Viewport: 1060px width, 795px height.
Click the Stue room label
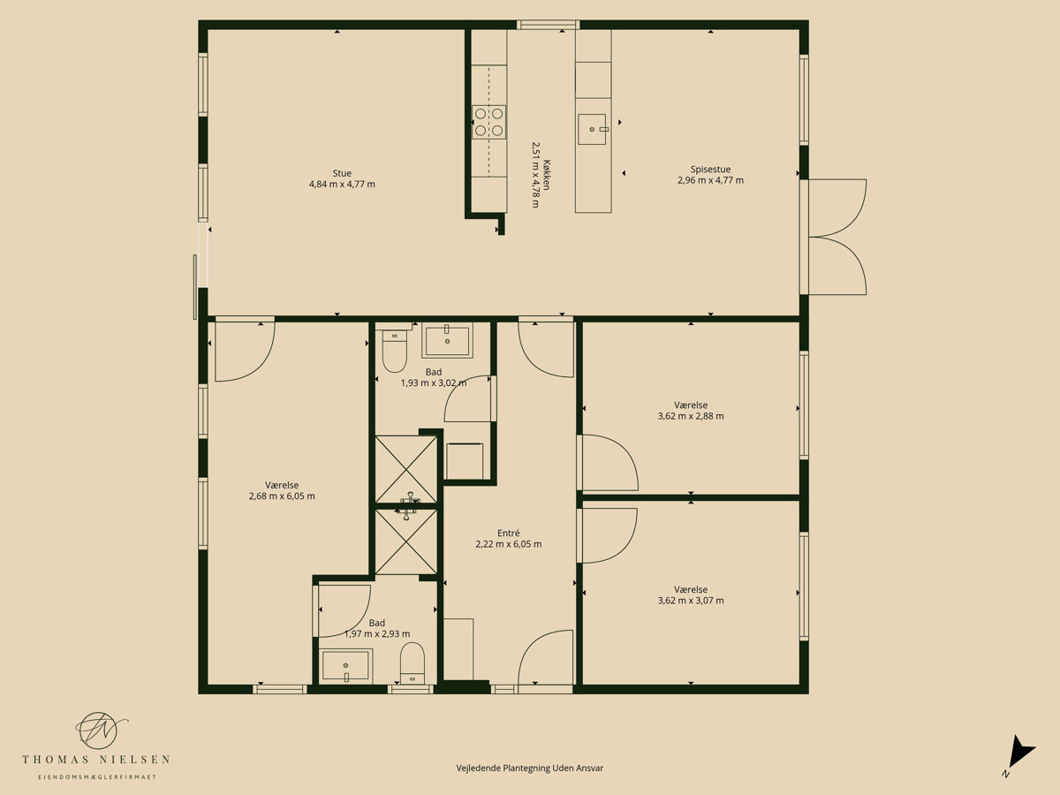tap(342, 173)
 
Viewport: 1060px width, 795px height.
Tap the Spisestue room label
tap(710, 170)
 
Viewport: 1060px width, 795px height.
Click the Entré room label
tap(509, 533)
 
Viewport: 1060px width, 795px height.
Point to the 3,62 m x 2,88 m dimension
tap(691, 416)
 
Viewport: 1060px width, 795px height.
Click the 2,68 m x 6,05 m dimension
tap(282, 496)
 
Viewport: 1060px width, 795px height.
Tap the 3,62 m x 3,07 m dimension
tap(691, 601)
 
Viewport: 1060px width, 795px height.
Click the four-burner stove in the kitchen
tap(488, 122)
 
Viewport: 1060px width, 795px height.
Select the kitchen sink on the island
tap(592, 129)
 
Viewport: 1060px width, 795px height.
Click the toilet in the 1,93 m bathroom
tap(395, 351)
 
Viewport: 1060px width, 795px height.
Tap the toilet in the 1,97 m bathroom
tap(413, 662)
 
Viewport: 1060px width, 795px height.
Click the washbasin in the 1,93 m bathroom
tap(447, 340)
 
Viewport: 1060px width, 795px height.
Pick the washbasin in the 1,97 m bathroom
tap(345, 666)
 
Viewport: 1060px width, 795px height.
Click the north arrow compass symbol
tap(1020, 757)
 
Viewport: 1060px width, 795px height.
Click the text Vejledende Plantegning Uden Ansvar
tap(530, 768)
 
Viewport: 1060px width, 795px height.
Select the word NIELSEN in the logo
tap(134, 760)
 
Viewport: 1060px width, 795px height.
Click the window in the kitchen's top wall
tap(548, 25)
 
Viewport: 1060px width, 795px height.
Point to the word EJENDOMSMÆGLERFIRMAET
tap(97, 777)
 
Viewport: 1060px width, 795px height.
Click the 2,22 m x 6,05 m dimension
tap(509, 544)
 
